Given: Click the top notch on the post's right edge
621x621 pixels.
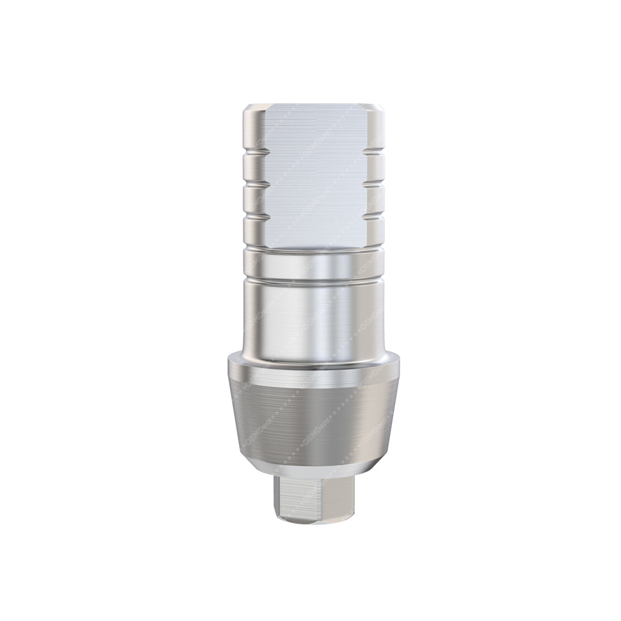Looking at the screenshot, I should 371,158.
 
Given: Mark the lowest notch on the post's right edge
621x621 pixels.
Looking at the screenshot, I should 371,215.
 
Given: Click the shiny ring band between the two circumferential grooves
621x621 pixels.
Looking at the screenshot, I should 310,266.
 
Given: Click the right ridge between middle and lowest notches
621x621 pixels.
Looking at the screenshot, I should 371,201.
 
